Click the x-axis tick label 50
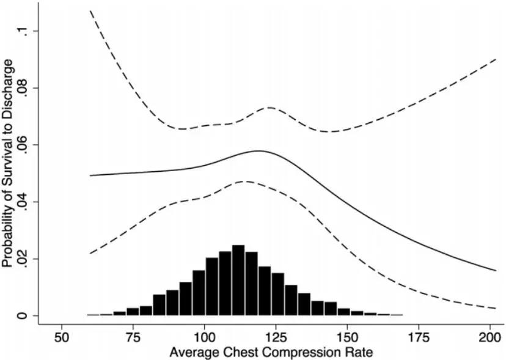pyautogui.click(x=61, y=337)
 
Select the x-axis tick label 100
pyautogui.click(x=204, y=337)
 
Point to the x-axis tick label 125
pyautogui.click(x=276, y=337)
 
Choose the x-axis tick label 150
pyautogui.click(x=347, y=337)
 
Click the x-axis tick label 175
pyautogui.click(x=419, y=337)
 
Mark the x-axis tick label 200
pyautogui.click(x=490, y=337)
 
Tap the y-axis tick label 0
pyautogui.click(x=23, y=315)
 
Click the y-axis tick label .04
pyautogui.click(x=23, y=202)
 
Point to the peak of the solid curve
pyautogui.click(x=258, y=150)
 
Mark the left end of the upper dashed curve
pyautogui.click(x=90, y=11)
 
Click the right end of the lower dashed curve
pyautogui.click(x=496, y=308)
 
